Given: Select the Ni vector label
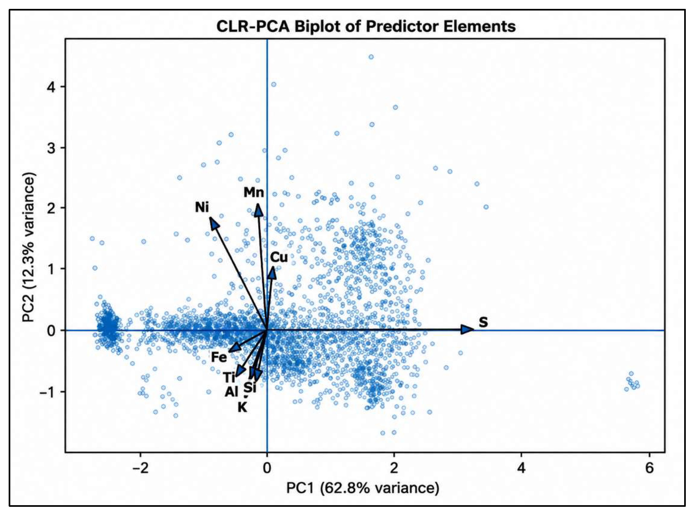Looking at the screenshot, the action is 202,207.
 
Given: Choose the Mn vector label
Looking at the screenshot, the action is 254,193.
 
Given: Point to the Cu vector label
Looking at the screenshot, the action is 279,257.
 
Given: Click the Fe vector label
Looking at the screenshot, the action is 219,358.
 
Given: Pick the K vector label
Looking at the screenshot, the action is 242,407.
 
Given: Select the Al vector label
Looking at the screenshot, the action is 231,392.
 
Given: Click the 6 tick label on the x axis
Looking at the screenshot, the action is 649,468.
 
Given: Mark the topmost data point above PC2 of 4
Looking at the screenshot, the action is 371,57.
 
